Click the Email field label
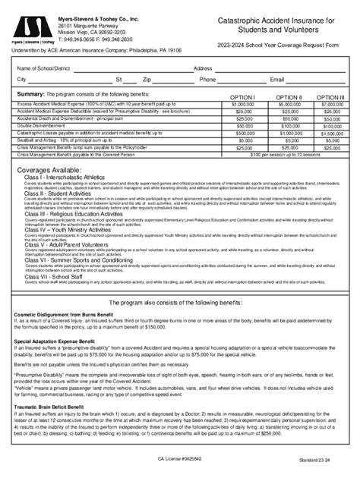[276, 79]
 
